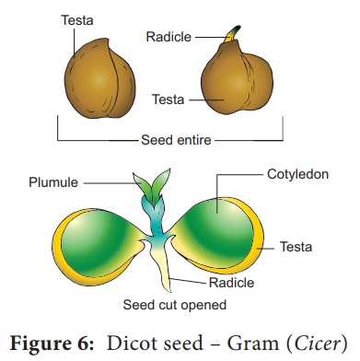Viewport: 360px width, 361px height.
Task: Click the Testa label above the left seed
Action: tap(78, 18)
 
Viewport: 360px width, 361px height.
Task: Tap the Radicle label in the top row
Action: tap(168, 37)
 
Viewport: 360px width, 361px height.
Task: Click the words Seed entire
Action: tap(176, 141)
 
